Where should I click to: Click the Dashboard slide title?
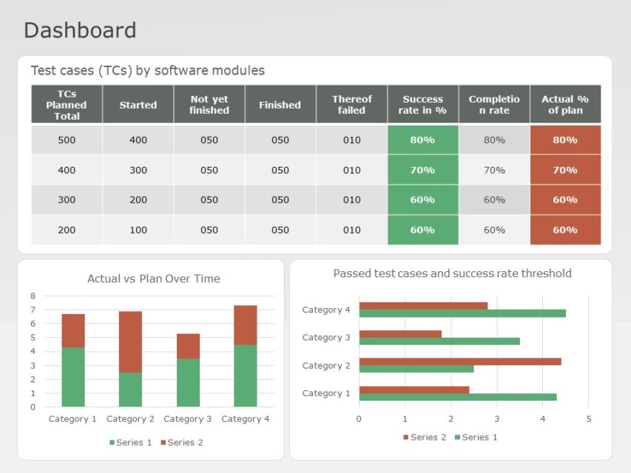coord(80,30)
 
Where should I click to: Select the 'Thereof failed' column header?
coord(351,105)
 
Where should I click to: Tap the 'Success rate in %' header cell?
coord(422,105)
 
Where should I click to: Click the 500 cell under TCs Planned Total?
coord(67,140)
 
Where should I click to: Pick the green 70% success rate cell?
coord(422,170)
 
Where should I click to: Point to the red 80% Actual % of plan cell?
coord(565,140)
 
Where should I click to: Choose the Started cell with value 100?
coord(138,230)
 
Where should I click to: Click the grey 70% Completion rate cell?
coord(494,170)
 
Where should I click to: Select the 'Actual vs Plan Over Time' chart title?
coord(153,279)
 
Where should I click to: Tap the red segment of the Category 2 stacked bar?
coord(130,341)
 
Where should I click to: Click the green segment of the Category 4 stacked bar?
coord(245,375)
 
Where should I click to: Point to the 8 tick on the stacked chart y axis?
coord(33,296)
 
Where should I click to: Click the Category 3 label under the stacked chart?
coord(187,419)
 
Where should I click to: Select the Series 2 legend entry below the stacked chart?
coord(181,443)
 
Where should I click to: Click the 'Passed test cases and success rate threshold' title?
coord(452,273)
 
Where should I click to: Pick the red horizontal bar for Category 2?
coord(459,361)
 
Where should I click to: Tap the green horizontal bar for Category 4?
coord(462,313)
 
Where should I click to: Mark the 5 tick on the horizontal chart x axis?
coord(589,419)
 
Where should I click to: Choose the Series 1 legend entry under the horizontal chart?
coord(476,438)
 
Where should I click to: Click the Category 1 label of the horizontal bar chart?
coord(326,393)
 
